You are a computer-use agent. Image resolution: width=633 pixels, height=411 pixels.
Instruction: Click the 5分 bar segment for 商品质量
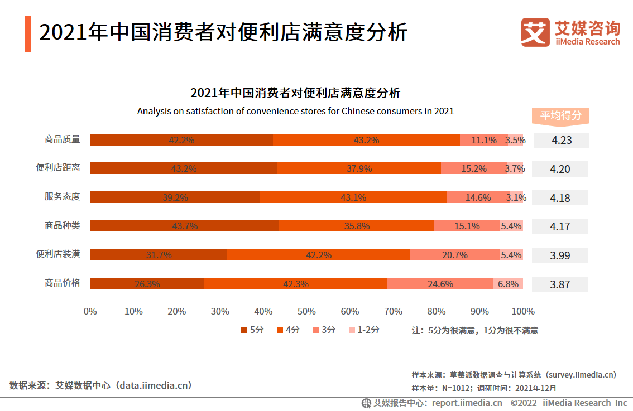[x=181, y=140]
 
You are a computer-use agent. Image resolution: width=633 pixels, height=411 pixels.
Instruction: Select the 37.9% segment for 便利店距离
[x=359, y=168]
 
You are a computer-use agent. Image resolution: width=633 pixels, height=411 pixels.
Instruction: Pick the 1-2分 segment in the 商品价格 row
[x=508, y=283]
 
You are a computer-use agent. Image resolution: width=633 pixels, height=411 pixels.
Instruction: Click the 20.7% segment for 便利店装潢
[x=454, y=255]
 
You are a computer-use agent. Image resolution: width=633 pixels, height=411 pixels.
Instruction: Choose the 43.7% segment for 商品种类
[x=185, y=226]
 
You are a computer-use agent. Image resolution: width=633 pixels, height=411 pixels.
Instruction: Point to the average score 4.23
[x=561, y=140]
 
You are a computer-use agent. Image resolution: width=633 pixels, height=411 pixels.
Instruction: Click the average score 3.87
[x=560, y=284]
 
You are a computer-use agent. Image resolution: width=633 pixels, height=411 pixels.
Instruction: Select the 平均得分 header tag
[x=560, y=116]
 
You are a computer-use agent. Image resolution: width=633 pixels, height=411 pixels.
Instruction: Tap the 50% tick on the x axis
[x=306, y=311]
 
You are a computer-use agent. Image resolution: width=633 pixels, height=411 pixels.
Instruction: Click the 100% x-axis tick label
[x=523, y=311]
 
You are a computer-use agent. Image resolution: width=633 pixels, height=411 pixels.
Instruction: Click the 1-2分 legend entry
[x=364, y=330]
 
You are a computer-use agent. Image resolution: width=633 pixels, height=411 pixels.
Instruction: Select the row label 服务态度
[x=63, y=197]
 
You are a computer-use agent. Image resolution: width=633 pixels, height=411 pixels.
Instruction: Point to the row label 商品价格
[x=63, y=283]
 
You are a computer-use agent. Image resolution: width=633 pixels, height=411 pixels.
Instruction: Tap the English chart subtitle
[x=295, y=111]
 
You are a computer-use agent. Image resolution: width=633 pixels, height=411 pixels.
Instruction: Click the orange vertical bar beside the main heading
[x=28, y=33]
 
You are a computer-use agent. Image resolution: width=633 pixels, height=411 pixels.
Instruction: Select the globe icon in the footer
[x=366, y=403]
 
